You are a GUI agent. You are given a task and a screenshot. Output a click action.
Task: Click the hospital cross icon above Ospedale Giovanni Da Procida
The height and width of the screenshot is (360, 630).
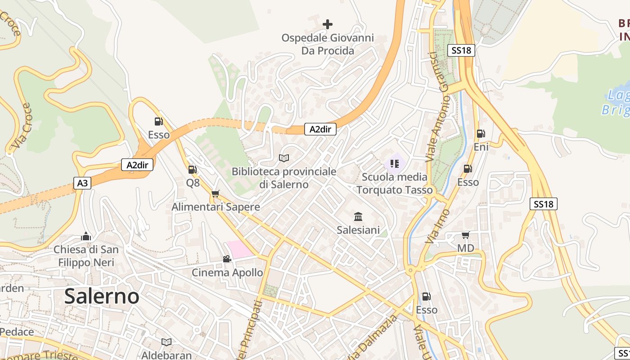328,24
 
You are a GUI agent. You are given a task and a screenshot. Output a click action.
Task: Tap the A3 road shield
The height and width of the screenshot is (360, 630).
82,183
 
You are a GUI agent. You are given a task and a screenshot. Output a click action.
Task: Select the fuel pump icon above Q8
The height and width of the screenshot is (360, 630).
192,170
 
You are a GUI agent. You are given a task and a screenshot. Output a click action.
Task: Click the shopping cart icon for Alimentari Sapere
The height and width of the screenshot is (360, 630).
215,194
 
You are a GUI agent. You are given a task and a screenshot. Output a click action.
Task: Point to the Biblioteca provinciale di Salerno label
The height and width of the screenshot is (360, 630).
283,178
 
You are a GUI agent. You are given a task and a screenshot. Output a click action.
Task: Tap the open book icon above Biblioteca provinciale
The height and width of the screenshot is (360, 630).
283,158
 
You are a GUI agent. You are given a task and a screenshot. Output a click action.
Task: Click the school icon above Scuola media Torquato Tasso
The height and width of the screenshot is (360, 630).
395,164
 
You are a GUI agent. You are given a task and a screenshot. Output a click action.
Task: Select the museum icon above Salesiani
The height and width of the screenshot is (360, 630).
358,217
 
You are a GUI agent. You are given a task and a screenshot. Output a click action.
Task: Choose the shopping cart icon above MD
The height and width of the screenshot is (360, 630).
465,235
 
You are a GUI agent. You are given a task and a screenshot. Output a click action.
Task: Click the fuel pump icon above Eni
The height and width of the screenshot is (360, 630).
481,134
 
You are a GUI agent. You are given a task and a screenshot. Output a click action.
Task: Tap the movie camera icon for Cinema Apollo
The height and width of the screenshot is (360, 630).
227,259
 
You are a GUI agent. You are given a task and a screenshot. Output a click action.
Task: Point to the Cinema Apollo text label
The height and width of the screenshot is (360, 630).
227,272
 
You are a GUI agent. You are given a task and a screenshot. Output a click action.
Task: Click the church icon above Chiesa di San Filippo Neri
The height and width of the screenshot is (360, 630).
85,237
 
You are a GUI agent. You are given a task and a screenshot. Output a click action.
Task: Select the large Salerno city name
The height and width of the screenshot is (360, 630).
102,296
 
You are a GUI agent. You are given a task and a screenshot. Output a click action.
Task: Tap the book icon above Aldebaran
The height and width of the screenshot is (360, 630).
166,342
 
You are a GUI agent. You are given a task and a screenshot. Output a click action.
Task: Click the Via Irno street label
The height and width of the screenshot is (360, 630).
437,226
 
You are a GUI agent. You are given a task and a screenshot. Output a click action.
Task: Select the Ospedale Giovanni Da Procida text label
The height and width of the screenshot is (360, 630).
328,44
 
